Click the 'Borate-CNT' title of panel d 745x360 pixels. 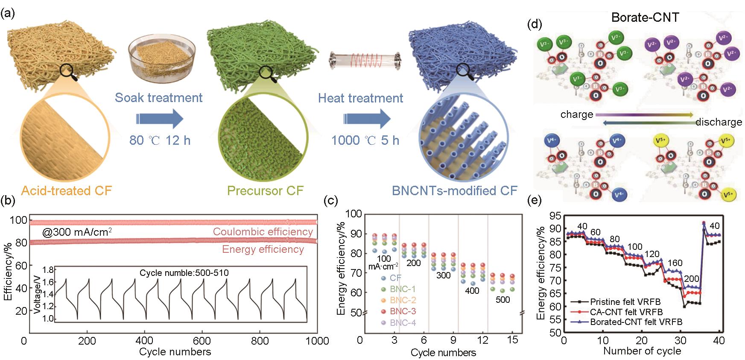point(645,18)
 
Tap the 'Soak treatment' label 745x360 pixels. point(159,97)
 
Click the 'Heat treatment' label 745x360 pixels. point(360,98)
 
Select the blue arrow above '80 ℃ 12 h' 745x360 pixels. point(159,119)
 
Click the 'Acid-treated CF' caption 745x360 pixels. point(66,190)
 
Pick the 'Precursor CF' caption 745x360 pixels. point(265,190)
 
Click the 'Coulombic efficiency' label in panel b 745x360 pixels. point(263,232)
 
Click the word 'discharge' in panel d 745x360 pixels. point(719,122)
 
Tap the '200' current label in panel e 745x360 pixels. point(692,279)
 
